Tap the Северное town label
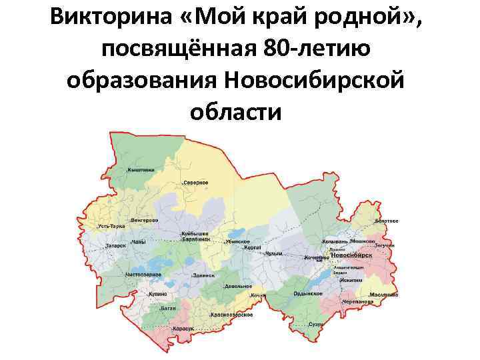click(196, 182)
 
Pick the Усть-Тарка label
click(111, 227)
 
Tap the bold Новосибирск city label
click(351, 255)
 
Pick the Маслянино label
click(385, 295)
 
